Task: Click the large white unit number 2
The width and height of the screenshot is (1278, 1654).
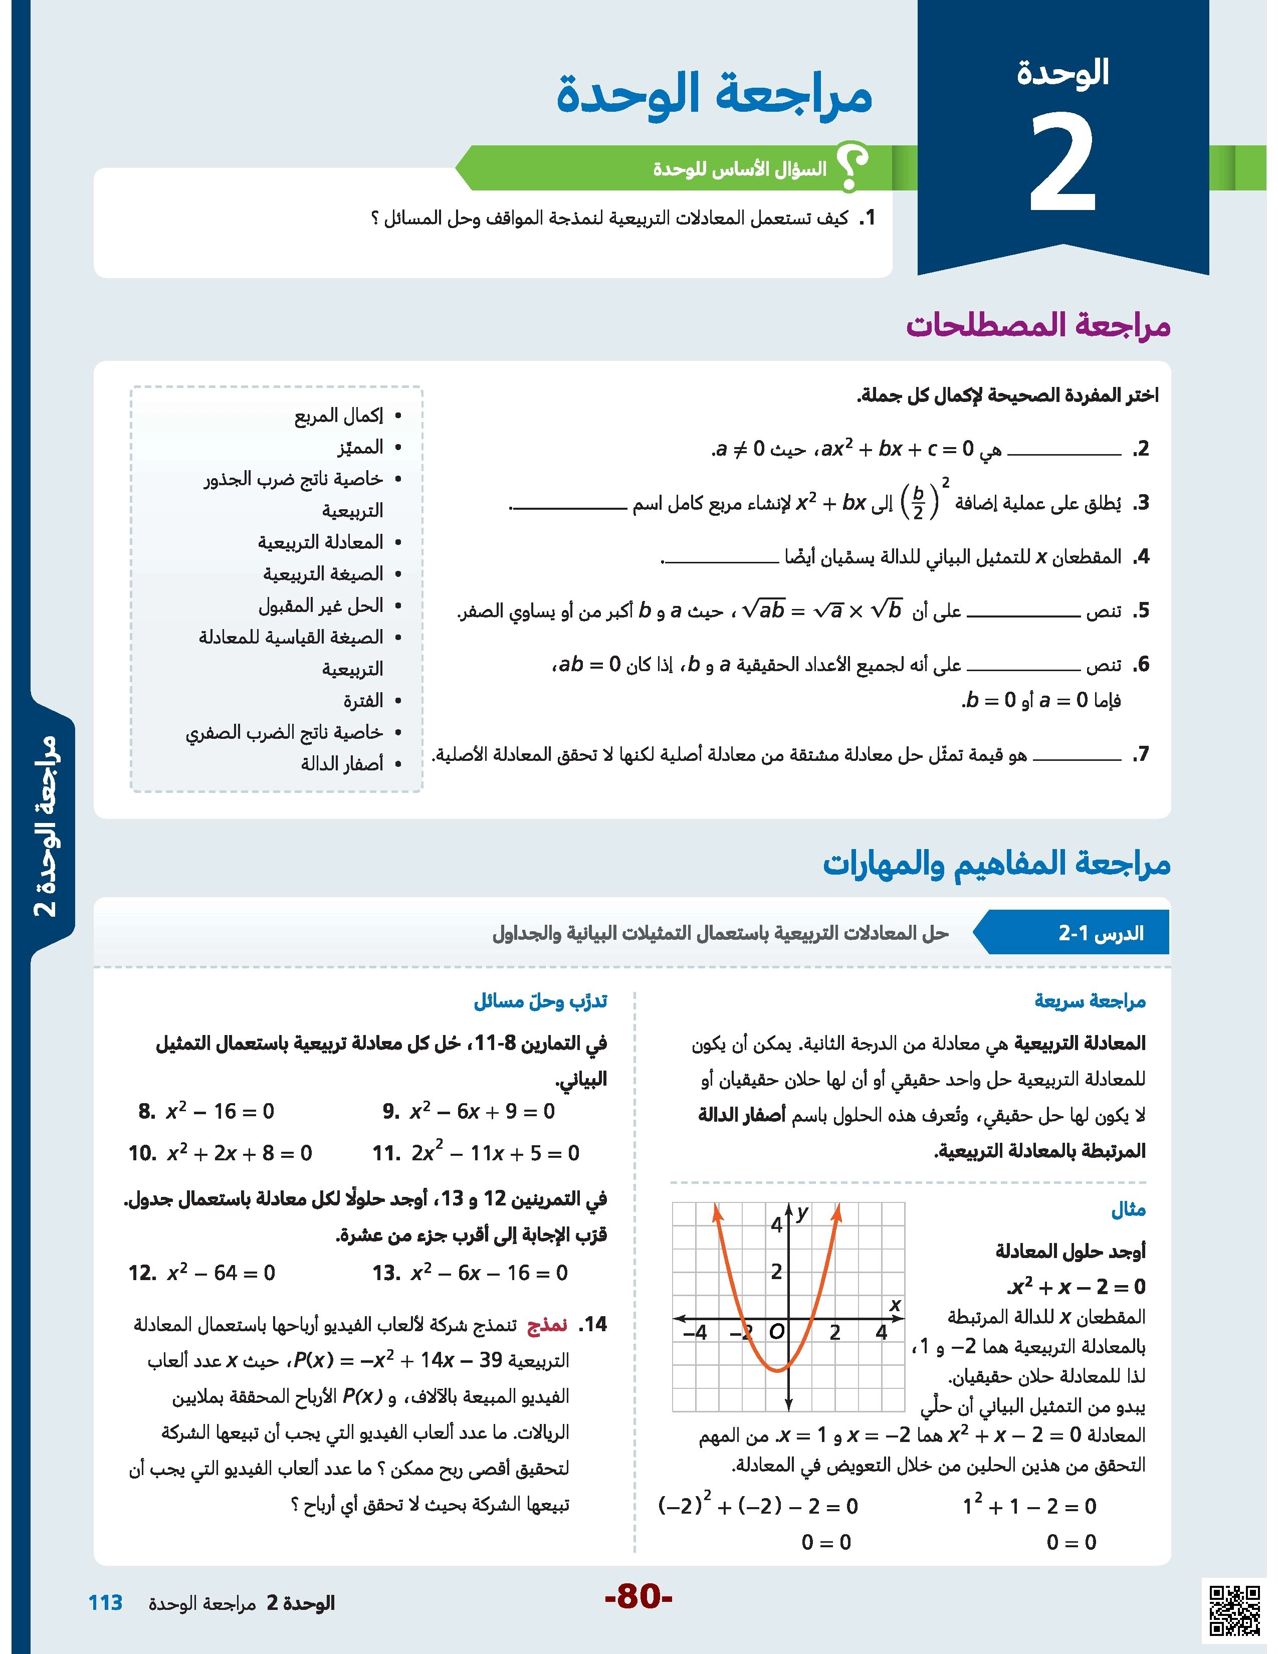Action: point(1063,165)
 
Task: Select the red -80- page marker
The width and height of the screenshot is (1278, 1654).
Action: point(638,1597)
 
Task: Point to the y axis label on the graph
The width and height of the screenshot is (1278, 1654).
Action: point(802,1213)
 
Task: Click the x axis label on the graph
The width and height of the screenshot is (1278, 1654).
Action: point(895,1304)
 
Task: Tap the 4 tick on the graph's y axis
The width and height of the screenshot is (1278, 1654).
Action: point(776,1224)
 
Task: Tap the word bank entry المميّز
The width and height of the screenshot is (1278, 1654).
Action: point(360,448)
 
